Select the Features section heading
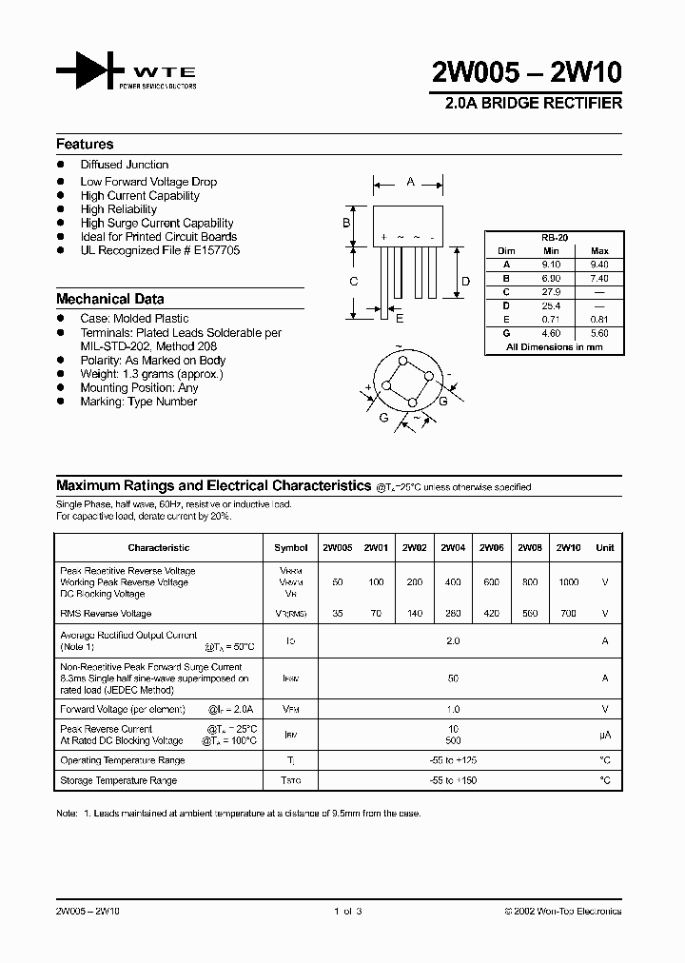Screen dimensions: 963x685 tap(85, 145)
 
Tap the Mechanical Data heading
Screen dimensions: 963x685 tap(109, 299)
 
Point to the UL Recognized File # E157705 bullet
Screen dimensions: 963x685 tap(160, 250)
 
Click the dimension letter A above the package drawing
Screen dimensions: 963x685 tap(410, 181)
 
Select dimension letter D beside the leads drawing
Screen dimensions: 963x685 tap(465, 281)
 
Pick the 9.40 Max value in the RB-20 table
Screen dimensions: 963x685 tap(599, 265)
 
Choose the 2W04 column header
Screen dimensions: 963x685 tap(453, 547)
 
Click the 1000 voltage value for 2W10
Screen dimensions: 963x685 tap(568, 581)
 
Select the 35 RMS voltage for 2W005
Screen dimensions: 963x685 tap(337, 614)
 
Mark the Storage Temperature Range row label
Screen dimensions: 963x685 tap(118, 780)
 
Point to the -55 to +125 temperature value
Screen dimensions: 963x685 tap(453, 760)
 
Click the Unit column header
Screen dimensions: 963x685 tap(604, 547)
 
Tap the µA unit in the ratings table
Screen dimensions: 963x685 tap(604, 735)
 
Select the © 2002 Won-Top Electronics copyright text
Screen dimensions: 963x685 tap(562, 911)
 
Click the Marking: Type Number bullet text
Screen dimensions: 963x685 tap(138, 402)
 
